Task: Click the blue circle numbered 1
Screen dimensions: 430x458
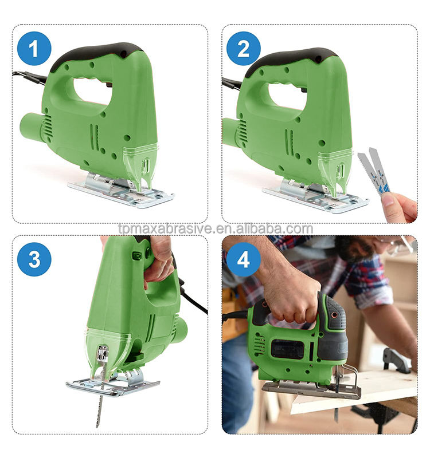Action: (x=34, y=49)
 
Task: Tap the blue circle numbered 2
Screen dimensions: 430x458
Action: (x=243, y=49)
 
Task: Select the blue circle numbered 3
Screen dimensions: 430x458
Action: (x=34, y=259)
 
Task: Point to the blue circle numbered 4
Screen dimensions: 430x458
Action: (x=243, y=259)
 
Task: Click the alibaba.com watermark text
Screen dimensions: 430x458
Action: (x=216, y=228)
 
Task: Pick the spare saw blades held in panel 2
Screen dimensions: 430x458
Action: (x=374, y=170)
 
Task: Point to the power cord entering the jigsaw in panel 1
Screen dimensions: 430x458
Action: (x=29, y=77)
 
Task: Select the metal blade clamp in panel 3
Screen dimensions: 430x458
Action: (x=103, y=353)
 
